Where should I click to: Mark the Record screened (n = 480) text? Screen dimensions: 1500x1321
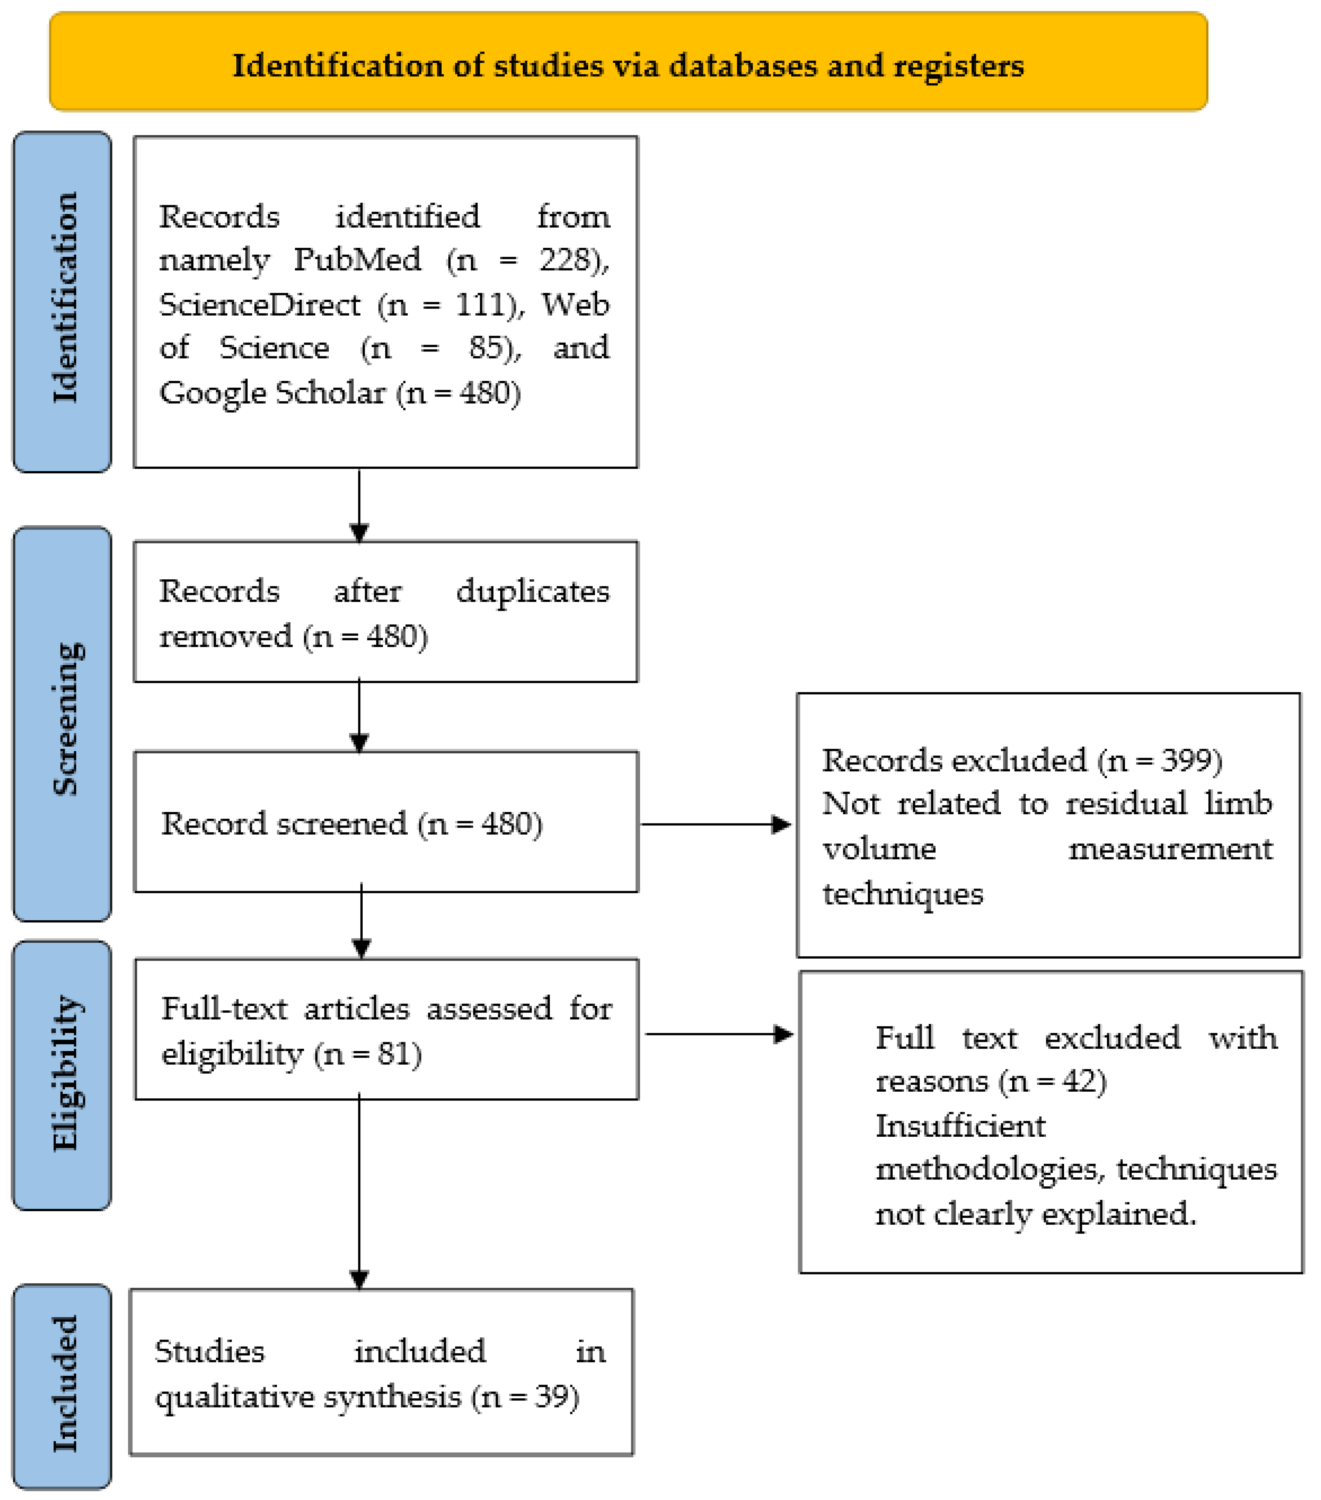(351, 823)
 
